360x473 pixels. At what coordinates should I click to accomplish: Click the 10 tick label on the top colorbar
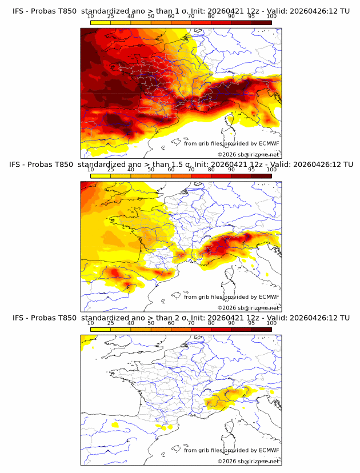pyautogui.click(x=90, y=16)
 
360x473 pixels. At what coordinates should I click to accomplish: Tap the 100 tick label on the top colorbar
pyautogui.click(x=271, y=16)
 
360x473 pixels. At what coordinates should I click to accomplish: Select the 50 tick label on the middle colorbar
pyautogui.click(x=151, y=170)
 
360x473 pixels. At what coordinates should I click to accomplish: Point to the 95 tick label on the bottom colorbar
pyautogui.click(x=251, y=323)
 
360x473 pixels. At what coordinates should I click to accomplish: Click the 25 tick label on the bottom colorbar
pyautogui.click(x=110, y=323)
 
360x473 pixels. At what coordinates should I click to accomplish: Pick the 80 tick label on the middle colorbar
pyautogui.click(x=211, y=170)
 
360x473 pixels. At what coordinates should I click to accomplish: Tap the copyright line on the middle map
pyautogui.click(x=248, y=307)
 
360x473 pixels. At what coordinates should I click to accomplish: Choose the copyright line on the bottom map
pyautogui.click(x=248, y=461)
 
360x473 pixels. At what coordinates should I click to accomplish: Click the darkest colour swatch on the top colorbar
pyautogui.click(x=261, y=22)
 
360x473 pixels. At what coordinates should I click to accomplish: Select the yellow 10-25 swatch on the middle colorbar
pyautogui.click(x=100, y=176)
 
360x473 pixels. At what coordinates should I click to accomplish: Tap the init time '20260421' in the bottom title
pyautogui.click(x=226, y=318)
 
